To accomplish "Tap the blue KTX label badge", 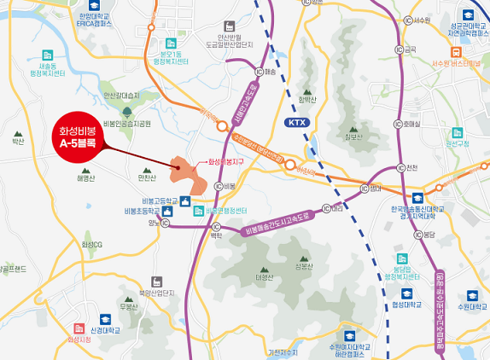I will click(295, 124).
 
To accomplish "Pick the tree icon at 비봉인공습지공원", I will click(126, 111).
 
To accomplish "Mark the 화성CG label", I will click(91, 245).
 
